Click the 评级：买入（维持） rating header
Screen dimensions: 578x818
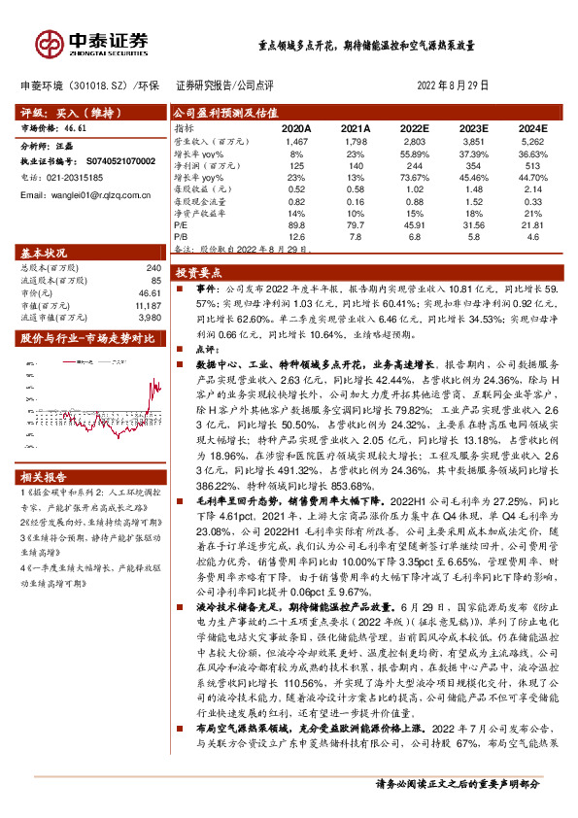[x=64, y=113]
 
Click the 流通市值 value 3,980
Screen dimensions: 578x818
[x=147, y=316]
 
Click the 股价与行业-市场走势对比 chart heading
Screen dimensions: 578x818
[x=87, y=338]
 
